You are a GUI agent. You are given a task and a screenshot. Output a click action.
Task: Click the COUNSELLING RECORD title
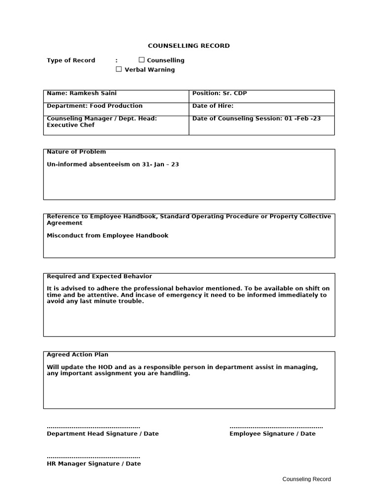tap(189, 46)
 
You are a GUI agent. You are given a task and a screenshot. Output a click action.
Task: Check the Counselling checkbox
tap(142, 60)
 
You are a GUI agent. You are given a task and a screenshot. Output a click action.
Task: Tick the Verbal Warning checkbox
tap(119, 69)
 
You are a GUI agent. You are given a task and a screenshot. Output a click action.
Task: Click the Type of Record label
tap(71, 60)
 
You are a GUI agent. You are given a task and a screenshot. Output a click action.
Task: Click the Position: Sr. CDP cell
tap(219, 93)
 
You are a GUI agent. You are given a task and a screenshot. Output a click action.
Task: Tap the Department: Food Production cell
tap(94, 106)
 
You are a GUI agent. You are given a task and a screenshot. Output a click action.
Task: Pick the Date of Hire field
tap(213, 106)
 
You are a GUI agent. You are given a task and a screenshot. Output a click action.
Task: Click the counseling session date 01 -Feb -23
tap(302, 119)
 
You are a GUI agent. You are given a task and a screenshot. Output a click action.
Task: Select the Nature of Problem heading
tap(76, 152)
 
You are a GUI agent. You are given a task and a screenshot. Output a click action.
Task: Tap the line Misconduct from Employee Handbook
tap(107, 236)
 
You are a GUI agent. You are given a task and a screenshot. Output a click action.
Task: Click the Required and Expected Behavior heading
tap(99, 276)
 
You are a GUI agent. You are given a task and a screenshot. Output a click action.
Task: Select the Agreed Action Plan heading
tap(77, 354)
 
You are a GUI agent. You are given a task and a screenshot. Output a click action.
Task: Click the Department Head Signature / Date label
tap(102, 434)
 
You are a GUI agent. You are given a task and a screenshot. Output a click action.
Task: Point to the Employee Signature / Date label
tap(272, 434)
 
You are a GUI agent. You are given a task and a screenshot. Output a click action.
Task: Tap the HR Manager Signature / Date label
tap(94, 464)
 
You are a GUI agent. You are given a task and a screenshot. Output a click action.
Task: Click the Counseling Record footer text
tap(306, 479)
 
